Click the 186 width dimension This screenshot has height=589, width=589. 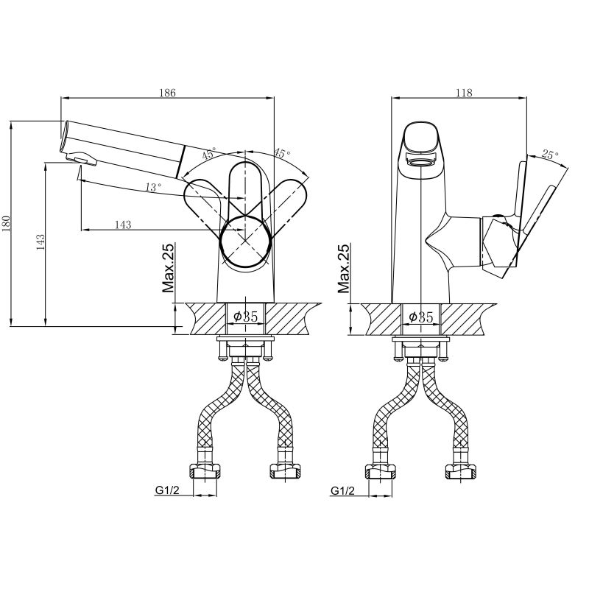coord(168,93)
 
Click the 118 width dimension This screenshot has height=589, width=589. coord(464,93)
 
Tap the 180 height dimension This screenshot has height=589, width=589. coord(7,224)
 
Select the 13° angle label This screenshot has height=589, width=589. coord(153,187)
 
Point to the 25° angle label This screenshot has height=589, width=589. coord(549,155)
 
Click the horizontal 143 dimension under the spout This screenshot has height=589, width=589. coord(123,225)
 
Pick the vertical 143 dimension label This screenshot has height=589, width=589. coord(40,242)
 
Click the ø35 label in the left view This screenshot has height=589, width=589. coord(246,317)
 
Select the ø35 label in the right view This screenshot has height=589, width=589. coord(421,317)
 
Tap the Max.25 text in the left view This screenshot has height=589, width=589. coord(169,268)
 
